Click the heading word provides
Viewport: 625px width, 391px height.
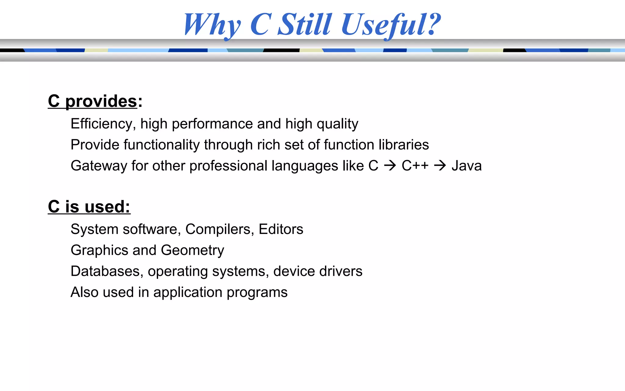pos(101,101)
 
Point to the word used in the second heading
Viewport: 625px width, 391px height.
pos(107,207)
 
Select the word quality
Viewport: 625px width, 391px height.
pos(337,124)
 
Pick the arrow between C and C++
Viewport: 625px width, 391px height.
pos(390,166)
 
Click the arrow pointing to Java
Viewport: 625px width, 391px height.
pos(440,166)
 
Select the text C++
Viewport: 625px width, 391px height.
pos(415,166)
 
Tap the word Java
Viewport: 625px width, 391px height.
pos(467,166)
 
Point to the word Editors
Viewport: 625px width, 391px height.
pos(281,229)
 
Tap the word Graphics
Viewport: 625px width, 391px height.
pos(99,250)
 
